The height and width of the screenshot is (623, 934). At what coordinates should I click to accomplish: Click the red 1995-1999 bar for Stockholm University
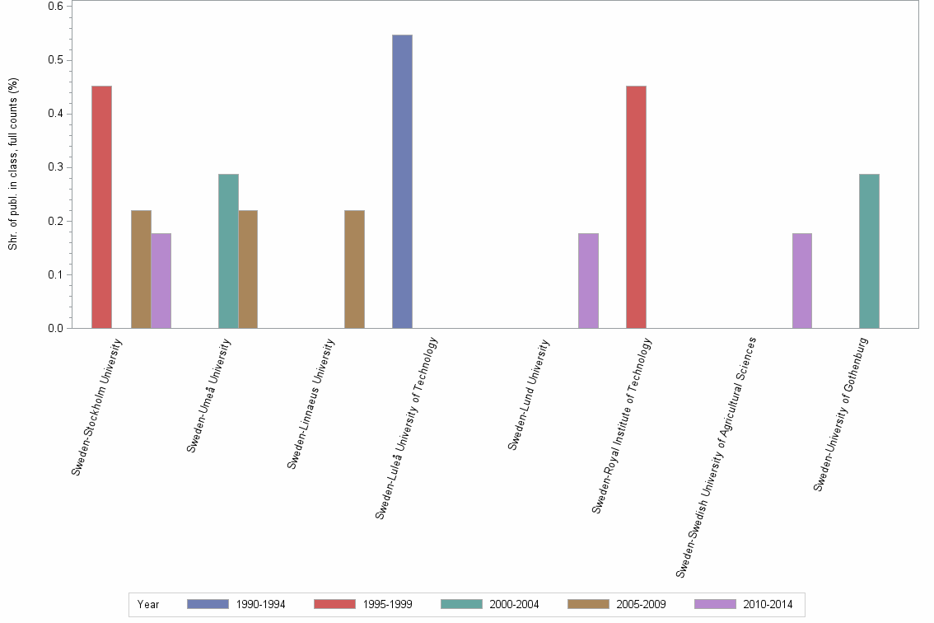(101, 207)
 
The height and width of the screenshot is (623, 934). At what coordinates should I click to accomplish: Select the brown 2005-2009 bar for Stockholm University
(141, 269)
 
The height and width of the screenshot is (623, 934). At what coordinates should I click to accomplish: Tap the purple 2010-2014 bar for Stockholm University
(161, 281)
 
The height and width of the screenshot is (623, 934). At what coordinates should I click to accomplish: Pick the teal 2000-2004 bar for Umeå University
(228, 251)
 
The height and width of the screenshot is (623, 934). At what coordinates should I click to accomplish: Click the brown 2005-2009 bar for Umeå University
(248, 269)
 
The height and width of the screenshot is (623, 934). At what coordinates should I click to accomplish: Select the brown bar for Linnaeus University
(354, 269)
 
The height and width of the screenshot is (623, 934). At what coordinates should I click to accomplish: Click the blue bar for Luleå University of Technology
(402, 181)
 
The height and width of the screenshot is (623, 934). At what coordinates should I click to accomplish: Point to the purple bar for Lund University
(588, 281)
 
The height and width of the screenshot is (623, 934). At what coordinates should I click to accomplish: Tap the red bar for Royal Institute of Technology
(636, 207)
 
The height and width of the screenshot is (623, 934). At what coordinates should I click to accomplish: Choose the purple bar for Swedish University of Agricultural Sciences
(801, 281)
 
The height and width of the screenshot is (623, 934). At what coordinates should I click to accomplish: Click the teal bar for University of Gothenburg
(869, 251)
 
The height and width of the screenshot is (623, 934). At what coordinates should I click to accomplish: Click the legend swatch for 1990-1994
(208, 604)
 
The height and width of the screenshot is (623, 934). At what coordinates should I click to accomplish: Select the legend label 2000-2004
(514, 605)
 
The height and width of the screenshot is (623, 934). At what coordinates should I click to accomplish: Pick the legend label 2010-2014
(768, 605)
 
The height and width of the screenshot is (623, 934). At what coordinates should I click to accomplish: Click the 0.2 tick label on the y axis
(56, 221)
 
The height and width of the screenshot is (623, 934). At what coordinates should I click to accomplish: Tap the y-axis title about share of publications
(13, 164)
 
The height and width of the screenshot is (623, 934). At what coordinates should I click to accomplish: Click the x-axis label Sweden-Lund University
(529, 395)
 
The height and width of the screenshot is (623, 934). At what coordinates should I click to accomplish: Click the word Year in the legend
(148, 605)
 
